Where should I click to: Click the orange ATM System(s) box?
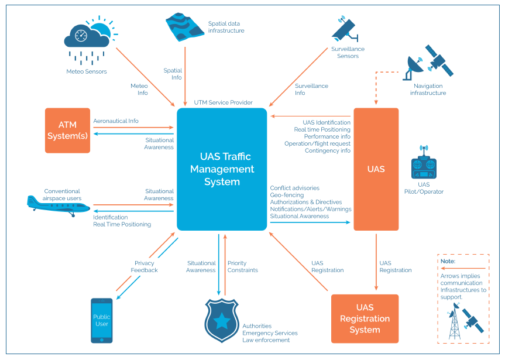[68, 131]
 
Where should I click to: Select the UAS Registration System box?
[365, 318]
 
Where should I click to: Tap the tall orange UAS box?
[376, 169]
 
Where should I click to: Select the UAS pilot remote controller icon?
[424, 164]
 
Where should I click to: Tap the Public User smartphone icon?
[101, 320]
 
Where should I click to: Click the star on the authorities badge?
[222, 320]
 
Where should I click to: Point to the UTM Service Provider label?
[223, 102]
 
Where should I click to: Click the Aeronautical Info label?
[116, 121]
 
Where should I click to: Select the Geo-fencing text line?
[286, 195]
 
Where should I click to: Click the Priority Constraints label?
[242, 266]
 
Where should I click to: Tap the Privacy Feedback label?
[144, 266]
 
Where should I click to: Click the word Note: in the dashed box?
[448, 261]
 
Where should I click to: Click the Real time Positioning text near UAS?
[322, 129]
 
